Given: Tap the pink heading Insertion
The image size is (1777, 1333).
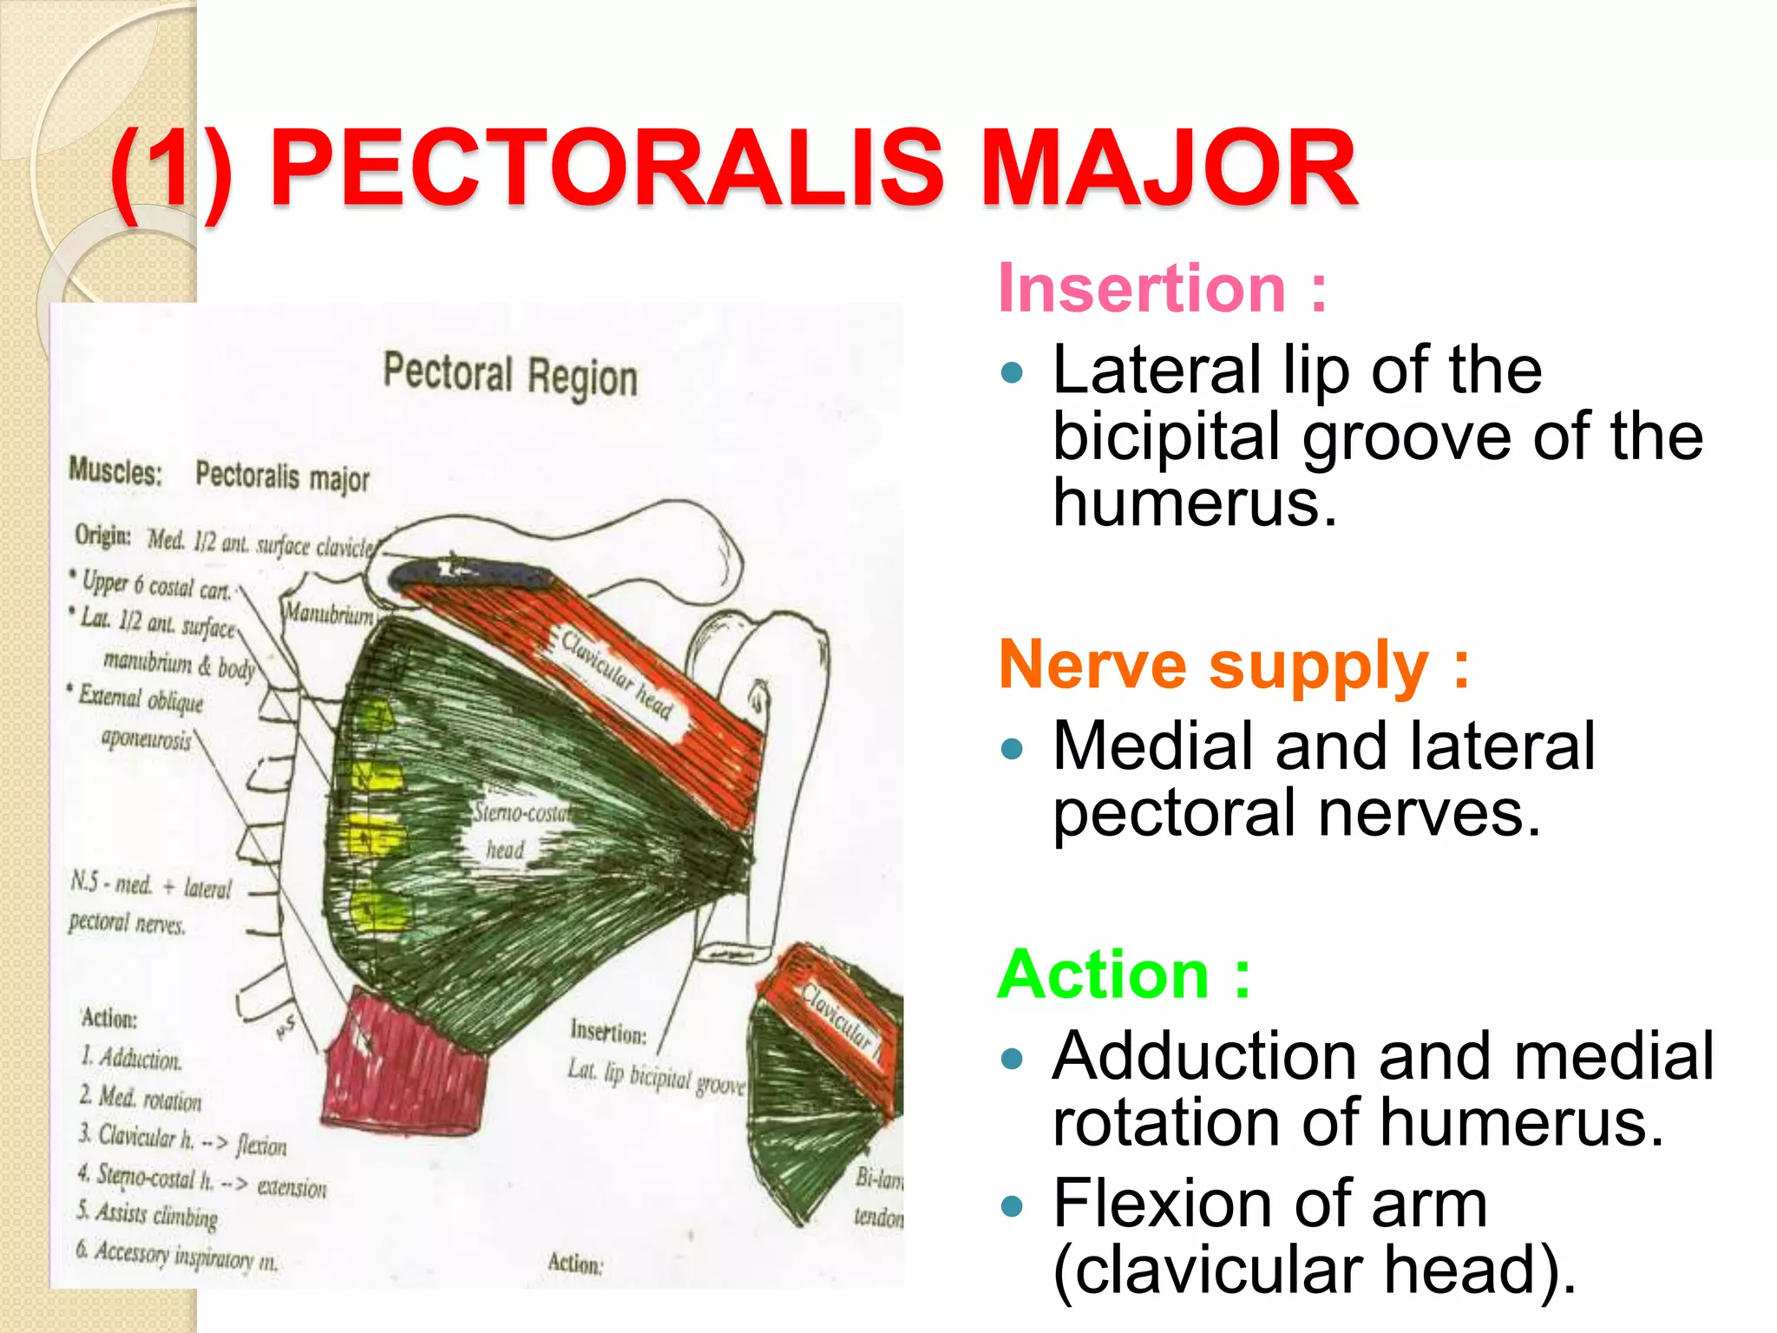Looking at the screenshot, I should click(x=1142, y=288).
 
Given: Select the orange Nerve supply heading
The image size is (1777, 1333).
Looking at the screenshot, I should click(x=1214, y=666).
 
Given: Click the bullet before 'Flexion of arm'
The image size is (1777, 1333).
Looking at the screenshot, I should click(x=1012, y=1205).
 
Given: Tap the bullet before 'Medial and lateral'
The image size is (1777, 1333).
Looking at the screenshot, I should click(x=1012, y=748).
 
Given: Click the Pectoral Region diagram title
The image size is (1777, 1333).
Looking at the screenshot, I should click(x=510, y=375).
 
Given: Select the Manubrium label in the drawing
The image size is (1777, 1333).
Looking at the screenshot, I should click(x=330, y=614).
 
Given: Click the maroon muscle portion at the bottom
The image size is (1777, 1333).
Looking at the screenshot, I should click(x=403, y=1067).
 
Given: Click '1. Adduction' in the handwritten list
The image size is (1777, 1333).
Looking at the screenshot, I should click(x=132, y=1059).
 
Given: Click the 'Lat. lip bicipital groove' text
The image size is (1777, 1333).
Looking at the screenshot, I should click(x=656, y=1076).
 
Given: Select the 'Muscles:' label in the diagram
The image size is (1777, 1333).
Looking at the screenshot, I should click(x=115, y=471).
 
